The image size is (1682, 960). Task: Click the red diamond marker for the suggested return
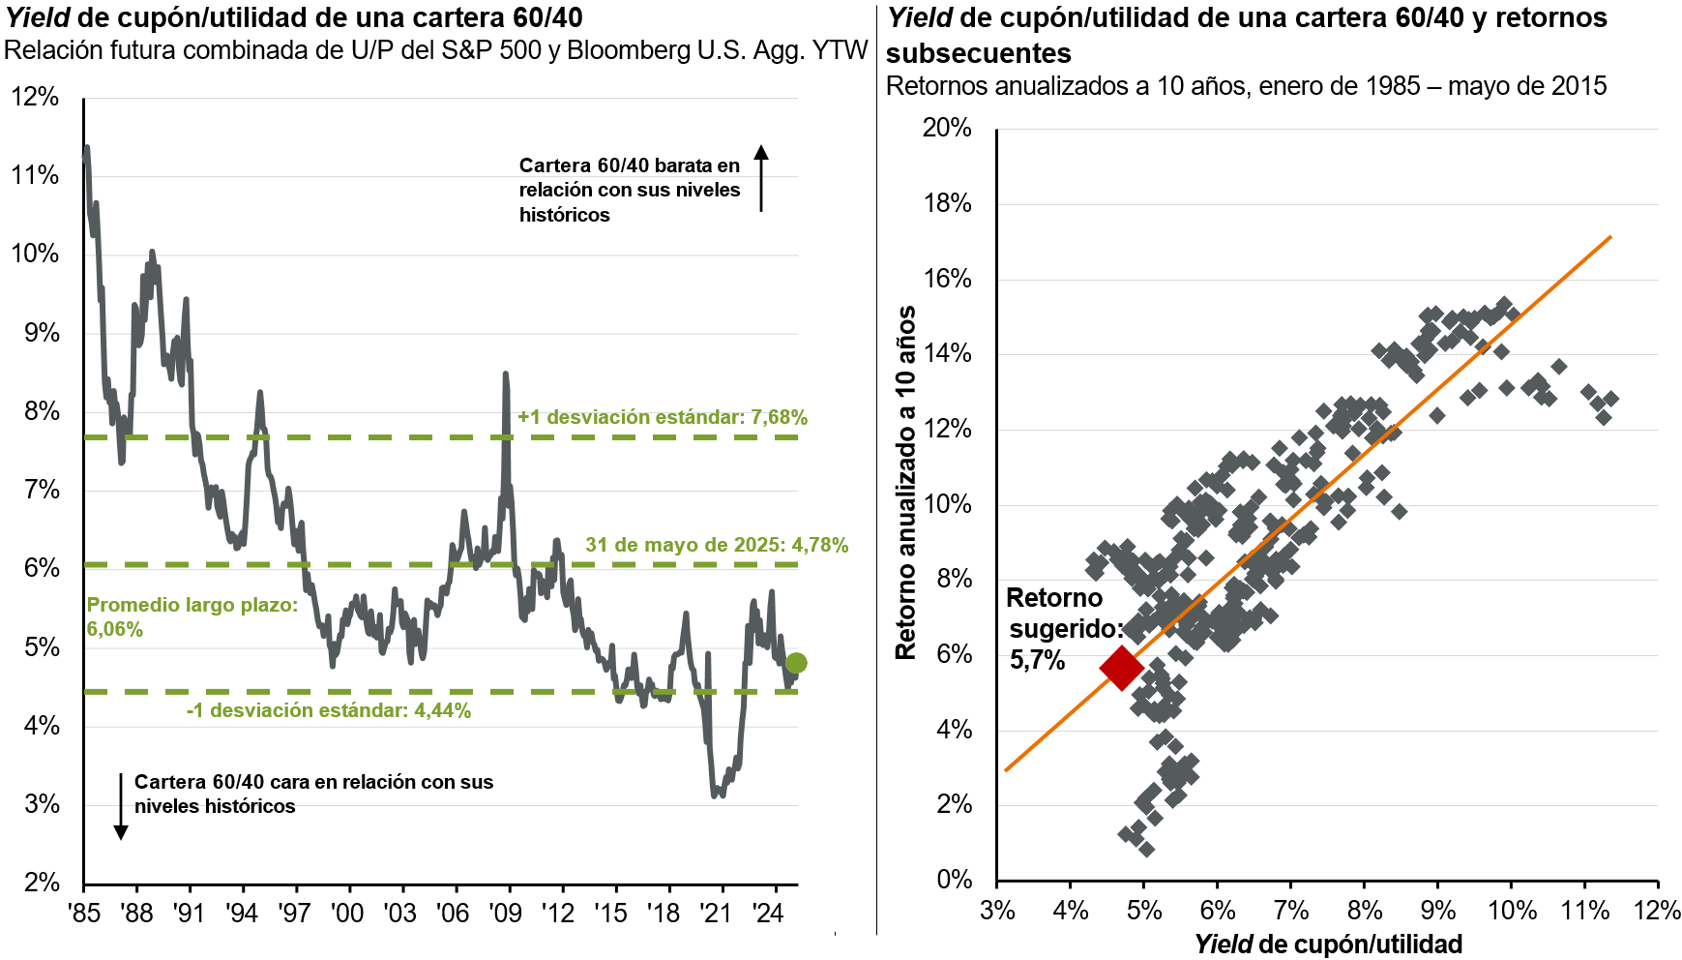pyautogui.click(x=1121, y=668)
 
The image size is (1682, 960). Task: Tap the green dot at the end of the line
pyautogui.click(x=796, y=663)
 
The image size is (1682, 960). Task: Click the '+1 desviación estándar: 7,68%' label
pyautogui.click(x=663, y=417)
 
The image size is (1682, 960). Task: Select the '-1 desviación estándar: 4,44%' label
pyautogui.click(x=329, y=710)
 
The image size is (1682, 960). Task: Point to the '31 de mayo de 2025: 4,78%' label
pyautogui.click(x=717, y=545)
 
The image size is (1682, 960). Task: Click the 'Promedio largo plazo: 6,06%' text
pyautogui.click(x=192, y=616)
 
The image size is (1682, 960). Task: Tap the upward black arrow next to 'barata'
pyautogui.click(x=761, y=178)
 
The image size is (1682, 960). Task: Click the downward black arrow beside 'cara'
pyautogui.click(x=121, y=806)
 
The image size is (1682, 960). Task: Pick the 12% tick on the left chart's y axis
pyautogui.click(x=35, y=97)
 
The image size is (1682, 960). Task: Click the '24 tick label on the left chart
pyautogui.click(x=767, y=913)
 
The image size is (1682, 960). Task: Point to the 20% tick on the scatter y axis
pyautogui.click(x=947, y=128)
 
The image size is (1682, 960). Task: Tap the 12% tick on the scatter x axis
pyautogui.click(x=1657, y=911)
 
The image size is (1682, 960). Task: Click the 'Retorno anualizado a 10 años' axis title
pyautogui.click(x=906, y=483)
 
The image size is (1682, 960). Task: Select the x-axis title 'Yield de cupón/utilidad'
pyautogui.click(x=1327, y=944)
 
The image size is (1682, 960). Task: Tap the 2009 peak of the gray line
pyautogui.click(x=505, y=374)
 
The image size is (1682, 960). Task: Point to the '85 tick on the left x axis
pyautogui.click(x=85, y=913)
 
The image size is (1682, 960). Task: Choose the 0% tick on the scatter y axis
pyautogui.click(x=954, y=880)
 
